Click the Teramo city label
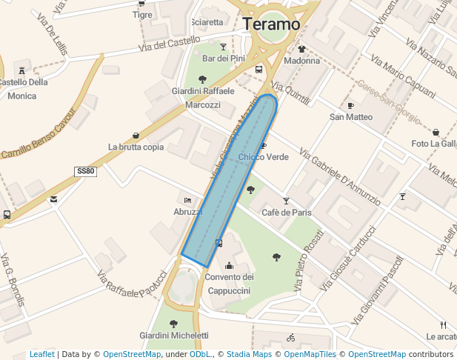coord(271,24)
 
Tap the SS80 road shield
coord(86,171)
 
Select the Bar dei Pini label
coord(223,59)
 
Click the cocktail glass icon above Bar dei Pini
coord(223,47)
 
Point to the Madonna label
coord(301,61)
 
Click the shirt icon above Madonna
coord(301,50)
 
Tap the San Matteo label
coord(351,117)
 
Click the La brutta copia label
coord(136,147)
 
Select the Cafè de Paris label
coord(286,213)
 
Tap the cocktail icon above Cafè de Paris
coord(286,201)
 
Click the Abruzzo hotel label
coord(188,211)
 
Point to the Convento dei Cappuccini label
coord(229,284)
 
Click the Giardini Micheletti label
coord(174,336)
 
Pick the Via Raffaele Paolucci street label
coord(133,284)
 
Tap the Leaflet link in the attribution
coord(41,354)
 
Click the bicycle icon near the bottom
coord(290,338)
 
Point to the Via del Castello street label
coord(169,44)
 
